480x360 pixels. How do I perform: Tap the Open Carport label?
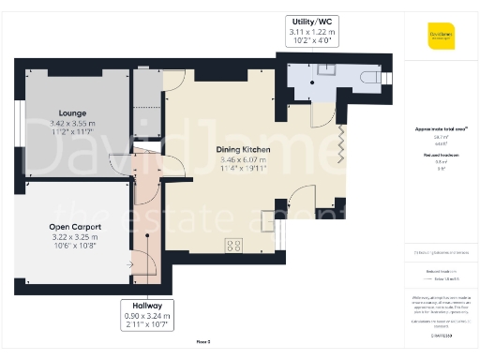coord(75,227)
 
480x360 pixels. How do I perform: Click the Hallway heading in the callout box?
coord(147,306)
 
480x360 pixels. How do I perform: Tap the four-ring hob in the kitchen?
coord(233,246)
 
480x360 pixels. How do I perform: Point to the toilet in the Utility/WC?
coord(380,76)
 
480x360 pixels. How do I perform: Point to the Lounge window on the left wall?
coord(18,120)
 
